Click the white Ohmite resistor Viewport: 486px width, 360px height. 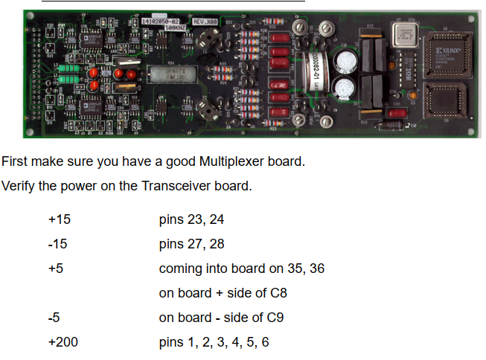point(168,74)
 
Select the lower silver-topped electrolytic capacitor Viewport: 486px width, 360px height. point(344,90)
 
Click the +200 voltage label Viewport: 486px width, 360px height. point(63,341)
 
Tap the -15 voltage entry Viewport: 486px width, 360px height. point(57,244)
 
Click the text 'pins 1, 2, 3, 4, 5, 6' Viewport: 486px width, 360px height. point(215,341)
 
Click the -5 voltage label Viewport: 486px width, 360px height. point(54,318)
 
